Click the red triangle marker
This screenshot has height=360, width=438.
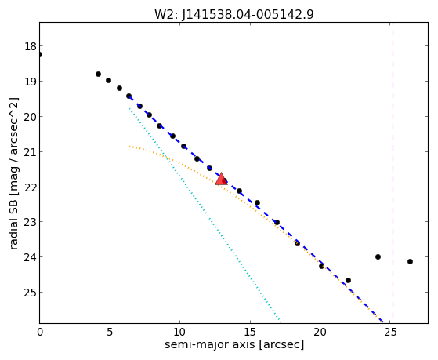click(x=221, y=179)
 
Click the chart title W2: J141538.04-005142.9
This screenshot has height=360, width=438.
click(x=234, y=14)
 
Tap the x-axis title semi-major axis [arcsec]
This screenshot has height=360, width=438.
click(x=234, y=344)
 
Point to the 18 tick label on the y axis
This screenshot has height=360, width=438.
click(x=31, y=46)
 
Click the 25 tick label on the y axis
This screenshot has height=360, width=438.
click(x=31, y=293)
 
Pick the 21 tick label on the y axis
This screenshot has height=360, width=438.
click(x=31, y=152)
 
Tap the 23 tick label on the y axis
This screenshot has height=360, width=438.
click(x=31, y=222)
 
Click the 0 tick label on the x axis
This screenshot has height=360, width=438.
click(x=40, y=332)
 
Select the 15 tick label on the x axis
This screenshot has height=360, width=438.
click(x=250, y=332)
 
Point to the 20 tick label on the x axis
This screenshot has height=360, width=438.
click(x=320, y=332)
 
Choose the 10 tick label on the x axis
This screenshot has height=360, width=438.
click(x=180, y=332)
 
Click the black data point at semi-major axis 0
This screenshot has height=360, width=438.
click(x=40, y=54)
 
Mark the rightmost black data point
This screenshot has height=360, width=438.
click(x=410, y=261)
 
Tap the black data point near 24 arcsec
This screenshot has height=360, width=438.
click(x=378, y=256)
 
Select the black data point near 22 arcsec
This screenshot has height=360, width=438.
click(x=348, y=280)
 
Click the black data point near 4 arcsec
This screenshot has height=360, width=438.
click(x=98, y=75)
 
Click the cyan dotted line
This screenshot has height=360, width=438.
click(x=205, y=215)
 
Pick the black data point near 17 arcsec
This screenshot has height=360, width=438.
click(x=277, y=223)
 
